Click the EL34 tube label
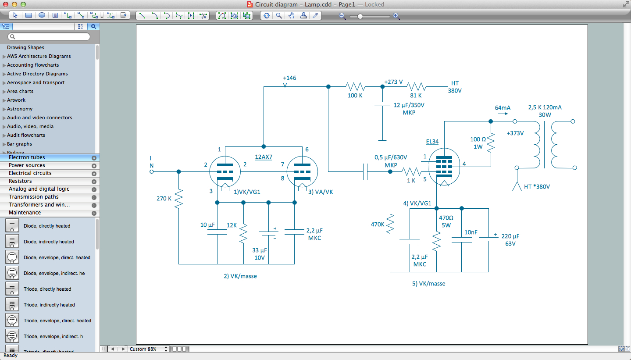pyautogui.click(x=432, y=142)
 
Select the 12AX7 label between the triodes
pyautogui.click(x=264, y=157)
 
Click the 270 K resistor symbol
pyautogui.click(x=178, y=199)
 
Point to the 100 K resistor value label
pyautogui.click(x=355, y=96)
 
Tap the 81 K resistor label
pyautogui.click(x=416, y=96)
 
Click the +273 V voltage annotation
pyautogui.click(x=393, y=82)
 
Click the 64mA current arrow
pyautogui.click(x=503, y=114)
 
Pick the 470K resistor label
pyautogui.click(x=377, y=224)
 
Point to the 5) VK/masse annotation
pyautogui.click(x=428, y=284)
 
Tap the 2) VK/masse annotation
pyautogui.click(x=240, y=276)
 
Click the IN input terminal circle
pyautogui.click(x=152, y=171)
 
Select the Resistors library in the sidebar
pyautogui.click(x=20, y=181)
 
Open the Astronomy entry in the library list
pyautogui.click(x=20, y=109)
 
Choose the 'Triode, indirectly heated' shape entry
pyautogui.click(x=49, y=305)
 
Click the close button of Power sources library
pyautogui.click(x=94, y=166)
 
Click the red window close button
pyautogui.click(x=5, y=4)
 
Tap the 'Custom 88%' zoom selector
pyautogui.click(x=148, y=349)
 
